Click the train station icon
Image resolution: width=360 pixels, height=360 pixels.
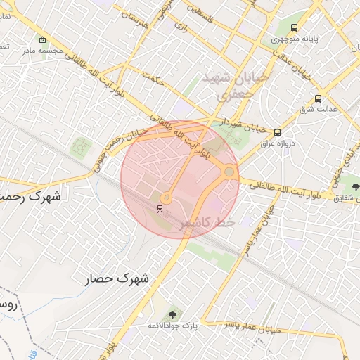pos(160,208)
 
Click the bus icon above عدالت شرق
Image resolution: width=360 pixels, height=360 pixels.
pos(319,98)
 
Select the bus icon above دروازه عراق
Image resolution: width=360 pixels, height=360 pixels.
pos(277,131)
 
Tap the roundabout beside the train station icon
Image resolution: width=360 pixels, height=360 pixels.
pos(167,198)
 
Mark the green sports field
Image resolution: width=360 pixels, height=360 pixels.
pos(81,147)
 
